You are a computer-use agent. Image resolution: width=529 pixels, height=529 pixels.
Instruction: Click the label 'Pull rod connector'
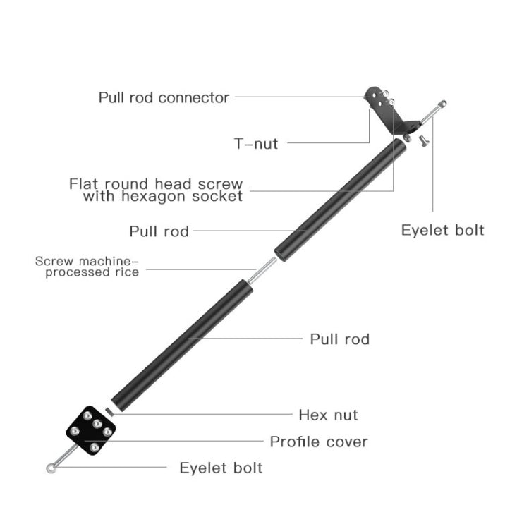tap(164, 97)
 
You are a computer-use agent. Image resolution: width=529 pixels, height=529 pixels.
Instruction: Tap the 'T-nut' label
tap(256, 144)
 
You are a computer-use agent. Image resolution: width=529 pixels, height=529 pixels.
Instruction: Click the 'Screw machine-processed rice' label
tap(87, 267)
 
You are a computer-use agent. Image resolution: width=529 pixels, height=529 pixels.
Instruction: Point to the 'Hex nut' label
tap(328, 415)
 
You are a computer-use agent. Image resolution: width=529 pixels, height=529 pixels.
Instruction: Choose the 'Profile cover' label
tap(319, 442)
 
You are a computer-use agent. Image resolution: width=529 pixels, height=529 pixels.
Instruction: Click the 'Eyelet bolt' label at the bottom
tap(221, 468)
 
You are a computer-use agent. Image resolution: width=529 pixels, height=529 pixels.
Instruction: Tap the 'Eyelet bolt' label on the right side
tap(442, 230)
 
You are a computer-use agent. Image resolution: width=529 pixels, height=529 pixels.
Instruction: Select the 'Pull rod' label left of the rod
tap(159, 231)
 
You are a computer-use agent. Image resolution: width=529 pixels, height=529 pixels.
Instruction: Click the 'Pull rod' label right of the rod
tap(340, 339)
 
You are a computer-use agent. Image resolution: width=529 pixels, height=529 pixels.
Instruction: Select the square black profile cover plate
tap(90, 430)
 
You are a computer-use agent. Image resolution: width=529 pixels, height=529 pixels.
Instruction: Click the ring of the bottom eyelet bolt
tap(50, 468)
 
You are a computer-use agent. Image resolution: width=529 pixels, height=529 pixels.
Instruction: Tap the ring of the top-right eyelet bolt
tap(442, 104)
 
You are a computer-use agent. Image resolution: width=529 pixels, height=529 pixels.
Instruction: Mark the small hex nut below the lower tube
tap(109, 411)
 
